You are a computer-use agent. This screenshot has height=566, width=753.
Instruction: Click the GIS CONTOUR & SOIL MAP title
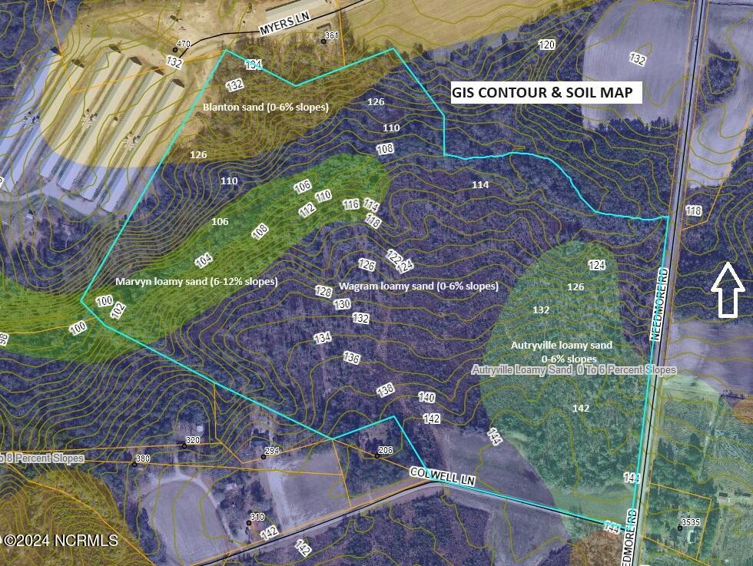click(542, 93)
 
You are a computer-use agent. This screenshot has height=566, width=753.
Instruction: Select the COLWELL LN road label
click(443, 476)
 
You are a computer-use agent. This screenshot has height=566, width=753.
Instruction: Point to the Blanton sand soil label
click(265, 107)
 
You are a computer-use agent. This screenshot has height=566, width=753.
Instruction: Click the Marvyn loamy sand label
click(197, 281)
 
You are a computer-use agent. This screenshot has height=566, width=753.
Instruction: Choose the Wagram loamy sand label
click(419, 286)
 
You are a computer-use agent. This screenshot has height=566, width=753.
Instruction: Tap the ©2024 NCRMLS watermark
click(60, 541)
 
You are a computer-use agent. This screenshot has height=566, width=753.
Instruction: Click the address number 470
click(183, 44)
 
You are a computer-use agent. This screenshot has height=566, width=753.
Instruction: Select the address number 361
click(331, 35)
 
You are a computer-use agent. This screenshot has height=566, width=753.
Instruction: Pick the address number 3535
click(690, 523)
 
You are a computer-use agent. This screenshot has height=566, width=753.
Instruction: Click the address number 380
click(142, 459)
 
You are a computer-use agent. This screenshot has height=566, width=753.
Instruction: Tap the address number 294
click(272, 451)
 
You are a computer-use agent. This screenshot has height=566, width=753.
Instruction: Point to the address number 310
click(257, 517)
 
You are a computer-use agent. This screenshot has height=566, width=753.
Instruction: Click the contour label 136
click(351, 358)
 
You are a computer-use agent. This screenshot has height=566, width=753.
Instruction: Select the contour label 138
click(386, 389)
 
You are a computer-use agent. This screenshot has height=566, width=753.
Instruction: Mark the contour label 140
click(426, 397)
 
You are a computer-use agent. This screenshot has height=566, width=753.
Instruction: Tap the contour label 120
click(546, 45)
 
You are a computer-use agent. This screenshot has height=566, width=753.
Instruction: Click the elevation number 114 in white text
click(480, 184)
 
